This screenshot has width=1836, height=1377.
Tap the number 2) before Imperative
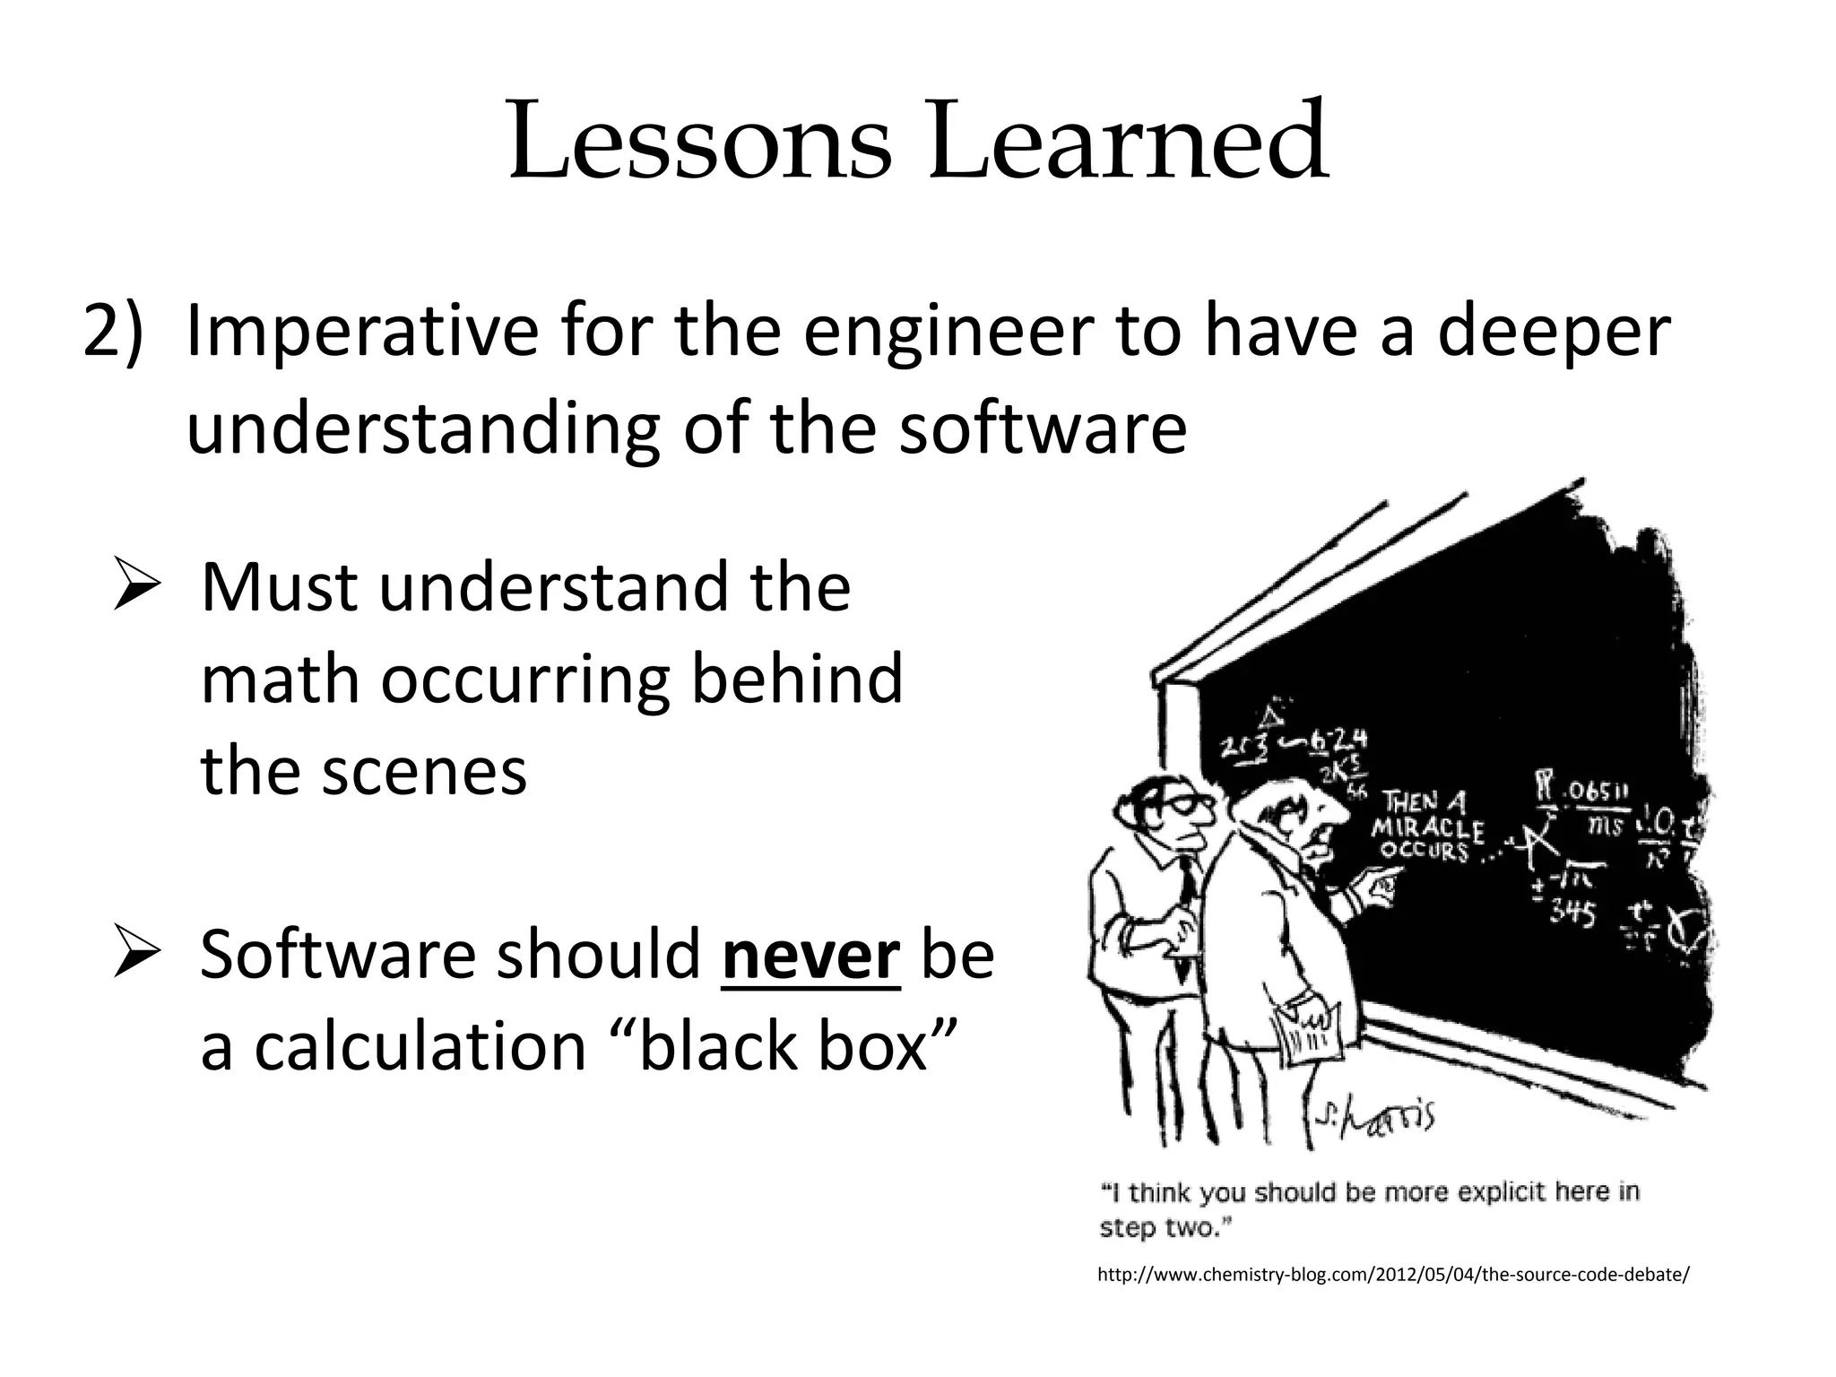pyautogui.click(x=112, y=333)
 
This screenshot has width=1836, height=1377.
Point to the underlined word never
pyautogui.click(x=810, y=954)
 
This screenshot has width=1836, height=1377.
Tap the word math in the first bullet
pyautogui.click(x=278, y=680)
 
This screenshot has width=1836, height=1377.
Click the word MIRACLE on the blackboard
pyautogui.click(x=1427, y=829)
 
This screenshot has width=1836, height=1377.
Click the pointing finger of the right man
pyautogui.click(x=1385, y=887)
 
